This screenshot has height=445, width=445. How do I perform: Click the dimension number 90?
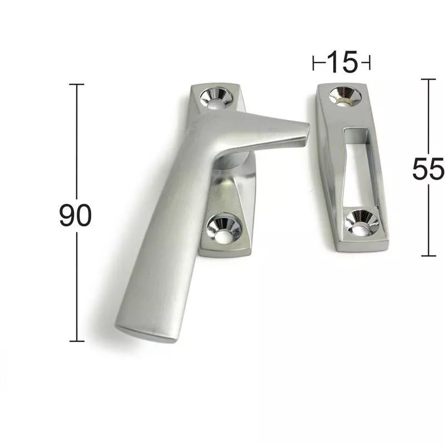coord(76,215)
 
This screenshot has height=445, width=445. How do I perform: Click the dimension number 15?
coord(342,62)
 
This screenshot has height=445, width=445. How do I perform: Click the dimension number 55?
coord(428,169)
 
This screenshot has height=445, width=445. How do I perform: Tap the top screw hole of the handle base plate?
coord(215,98)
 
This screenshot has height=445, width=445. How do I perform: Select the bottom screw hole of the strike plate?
coord(362,223)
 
